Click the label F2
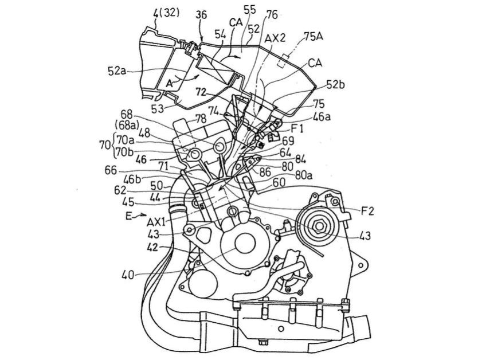click(x=368, y=211)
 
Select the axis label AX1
click(x=156, y=221)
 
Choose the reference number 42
click(x=152, y=248)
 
